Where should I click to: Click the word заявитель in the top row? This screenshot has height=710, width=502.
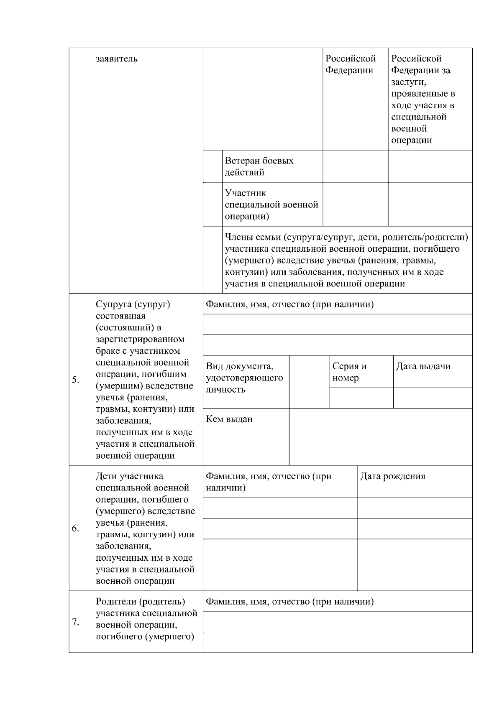[117, 59]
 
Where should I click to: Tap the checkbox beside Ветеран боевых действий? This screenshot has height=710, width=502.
[213, 166]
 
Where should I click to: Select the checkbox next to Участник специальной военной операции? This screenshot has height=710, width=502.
[213, 204]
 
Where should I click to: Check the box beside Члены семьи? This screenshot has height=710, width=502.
[213, 260]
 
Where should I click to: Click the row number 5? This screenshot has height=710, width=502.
[76, 380]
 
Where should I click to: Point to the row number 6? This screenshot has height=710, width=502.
[76, 529]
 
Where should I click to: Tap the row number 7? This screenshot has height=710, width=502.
[76, 622]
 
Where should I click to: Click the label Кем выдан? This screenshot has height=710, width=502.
[229, 419]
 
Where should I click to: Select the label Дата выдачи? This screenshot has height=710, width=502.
[423, 366]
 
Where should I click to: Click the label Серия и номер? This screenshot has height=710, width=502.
[350, 372]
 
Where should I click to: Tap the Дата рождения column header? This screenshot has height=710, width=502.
[393, 476]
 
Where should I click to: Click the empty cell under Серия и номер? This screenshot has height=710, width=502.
[361, 398]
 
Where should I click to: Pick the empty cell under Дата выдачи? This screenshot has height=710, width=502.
[433, 398]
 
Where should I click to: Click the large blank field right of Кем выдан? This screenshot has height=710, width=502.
[381, 437]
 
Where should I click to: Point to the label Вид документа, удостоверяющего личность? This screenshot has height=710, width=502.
[244, 378]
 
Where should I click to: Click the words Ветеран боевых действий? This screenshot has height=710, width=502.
[259, 166]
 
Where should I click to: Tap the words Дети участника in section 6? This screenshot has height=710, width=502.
[129, 476]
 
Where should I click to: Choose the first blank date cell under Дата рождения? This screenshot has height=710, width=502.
[415, 508]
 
